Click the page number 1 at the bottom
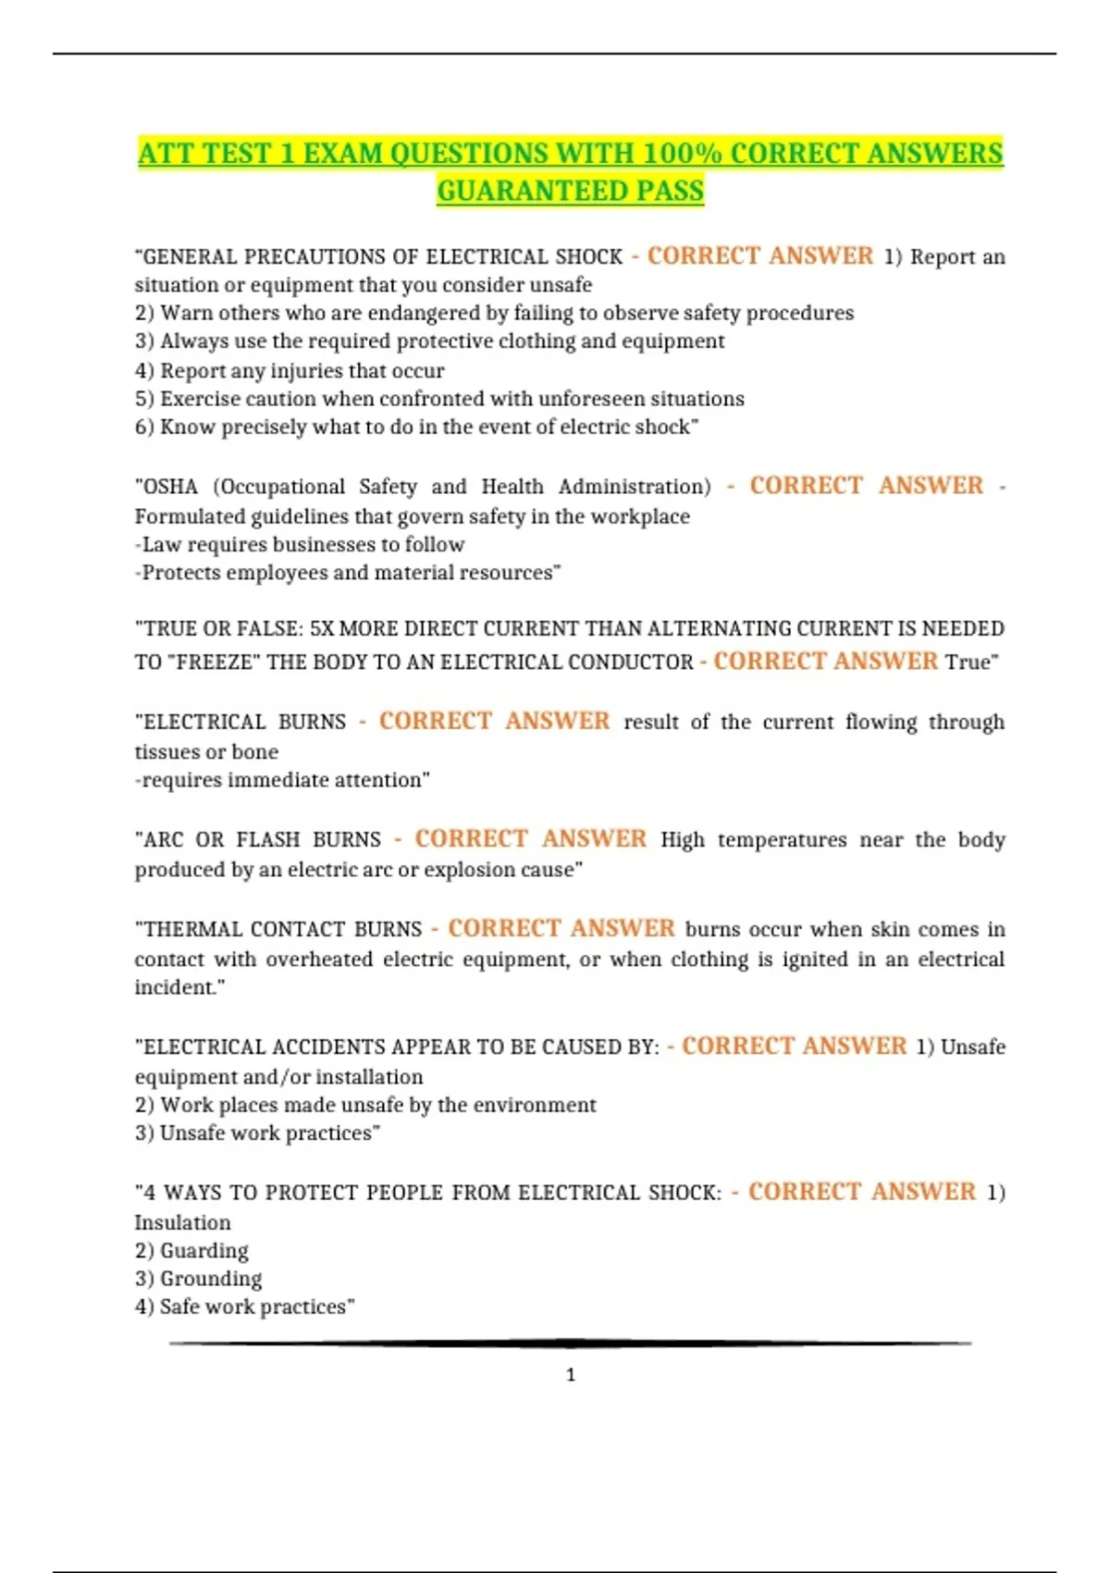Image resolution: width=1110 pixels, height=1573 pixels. click(570, 1375)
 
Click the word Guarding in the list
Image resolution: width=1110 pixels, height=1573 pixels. click(204, 1251)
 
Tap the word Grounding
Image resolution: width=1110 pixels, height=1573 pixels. click(211, 1279)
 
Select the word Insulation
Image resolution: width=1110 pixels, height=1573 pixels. click(182, 1222)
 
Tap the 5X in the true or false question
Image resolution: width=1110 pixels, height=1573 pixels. click(321, 629)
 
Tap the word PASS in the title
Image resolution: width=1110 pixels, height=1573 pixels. click(670, 191)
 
